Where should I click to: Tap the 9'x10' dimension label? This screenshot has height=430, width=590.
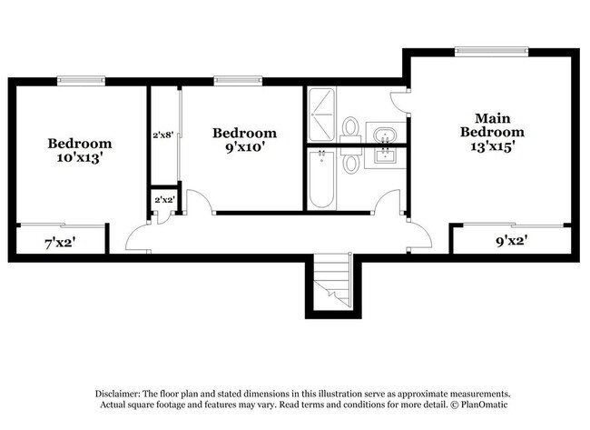coord(244,147)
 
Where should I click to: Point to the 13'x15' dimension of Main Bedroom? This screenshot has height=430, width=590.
coord(491,146)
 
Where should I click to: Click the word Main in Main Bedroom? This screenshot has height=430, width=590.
coord(491,117)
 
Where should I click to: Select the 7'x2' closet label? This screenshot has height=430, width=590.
coord(60,243)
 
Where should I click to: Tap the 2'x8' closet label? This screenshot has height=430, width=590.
coord(163,135)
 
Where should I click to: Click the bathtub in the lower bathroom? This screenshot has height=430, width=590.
coord(321,180)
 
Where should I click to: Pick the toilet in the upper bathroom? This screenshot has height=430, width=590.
coord(350,128)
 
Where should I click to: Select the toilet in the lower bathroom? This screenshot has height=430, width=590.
coord(350,162)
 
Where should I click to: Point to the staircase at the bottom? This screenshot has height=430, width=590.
coord(332,282)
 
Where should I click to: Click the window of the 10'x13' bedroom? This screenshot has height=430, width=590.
coord(81,80)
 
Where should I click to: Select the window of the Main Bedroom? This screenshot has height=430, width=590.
coord(491,51)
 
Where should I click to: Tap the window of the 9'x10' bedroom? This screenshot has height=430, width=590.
coord(232,80)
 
